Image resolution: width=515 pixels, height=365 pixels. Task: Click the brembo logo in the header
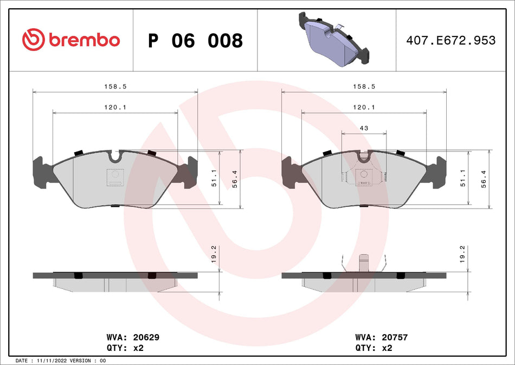(70, 40)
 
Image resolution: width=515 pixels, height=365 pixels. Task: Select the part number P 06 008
(195, 40)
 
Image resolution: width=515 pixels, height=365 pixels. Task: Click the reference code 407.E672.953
(451, 40)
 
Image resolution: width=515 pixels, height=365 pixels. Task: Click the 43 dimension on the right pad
(364, 128)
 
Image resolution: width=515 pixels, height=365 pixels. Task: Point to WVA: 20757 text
(381, 337)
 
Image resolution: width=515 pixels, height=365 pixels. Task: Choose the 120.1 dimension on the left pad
(115, 108)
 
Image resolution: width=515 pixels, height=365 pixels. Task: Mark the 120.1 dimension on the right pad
(364, 108)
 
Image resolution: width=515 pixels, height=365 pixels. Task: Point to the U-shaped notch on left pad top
(115, 156)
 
